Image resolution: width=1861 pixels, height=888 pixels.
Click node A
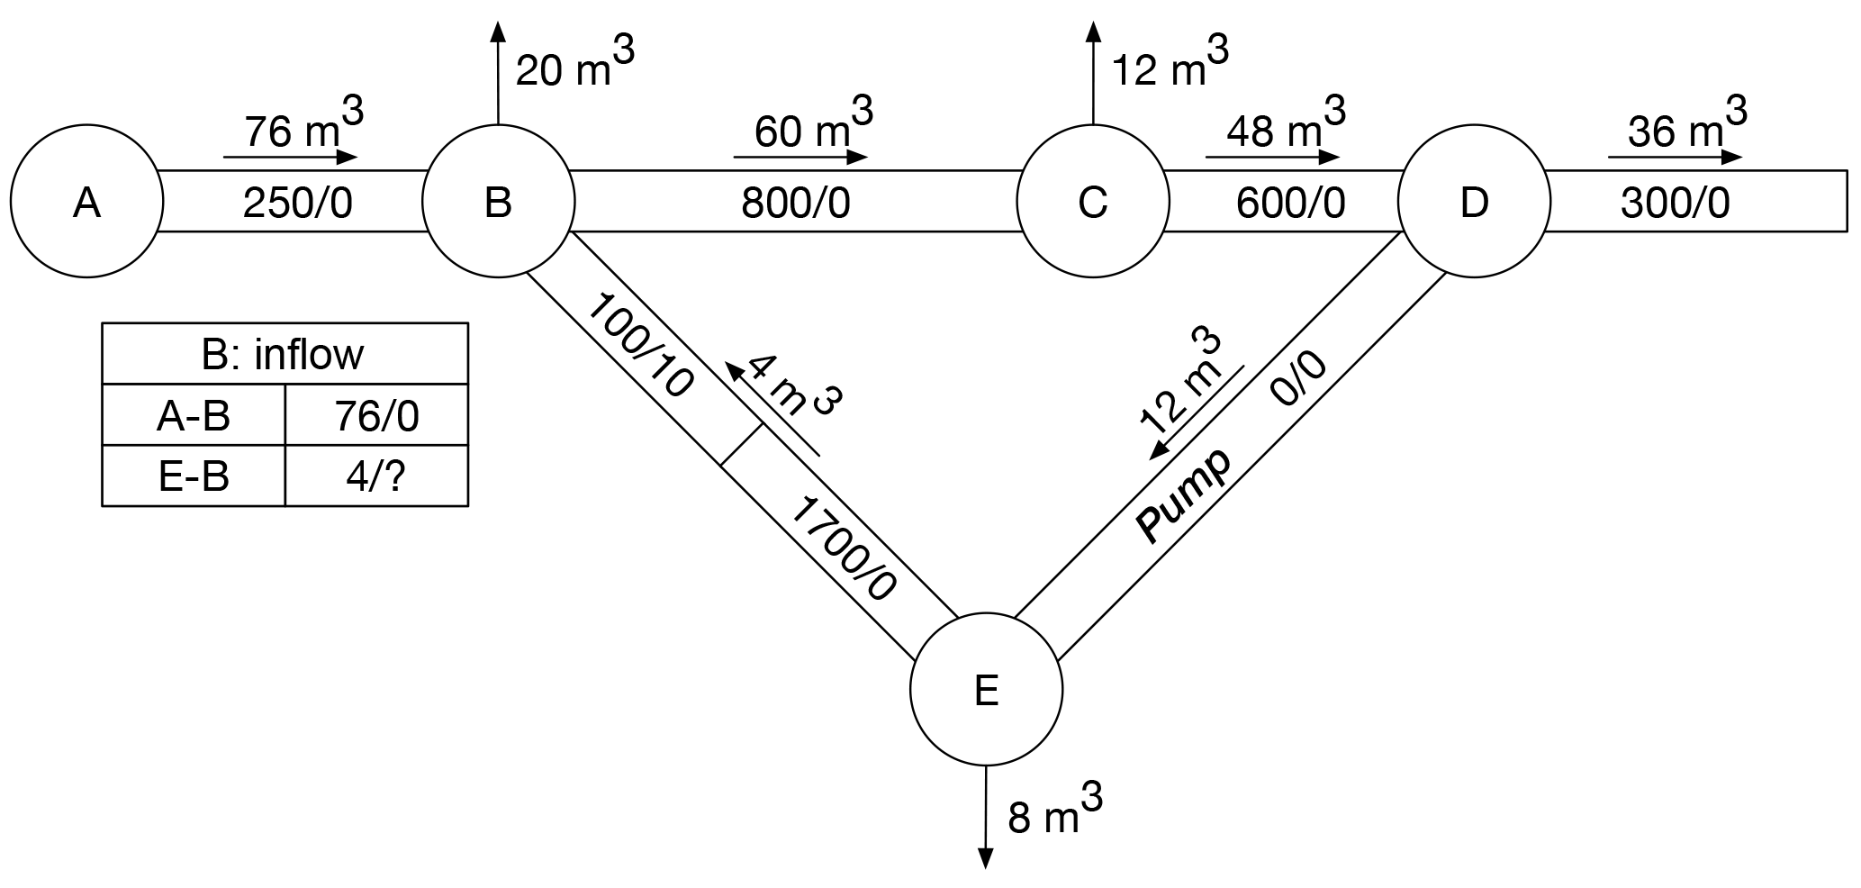coord(86,202)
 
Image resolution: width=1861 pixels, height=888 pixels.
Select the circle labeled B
coord(498,202)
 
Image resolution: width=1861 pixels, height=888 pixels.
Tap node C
coord(1092,202)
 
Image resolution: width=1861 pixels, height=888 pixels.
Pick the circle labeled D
coord(1474,202)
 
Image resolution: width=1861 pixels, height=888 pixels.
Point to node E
coord(986,690)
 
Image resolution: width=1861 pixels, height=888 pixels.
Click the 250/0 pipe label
coord(297,204)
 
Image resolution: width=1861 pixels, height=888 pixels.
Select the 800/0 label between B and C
coord(796,204)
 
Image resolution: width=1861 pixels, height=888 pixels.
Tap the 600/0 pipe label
coord(1290,204)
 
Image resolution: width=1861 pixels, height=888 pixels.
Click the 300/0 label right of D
coord(1675,204)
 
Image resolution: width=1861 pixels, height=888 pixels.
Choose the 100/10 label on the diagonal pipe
coord(640,346)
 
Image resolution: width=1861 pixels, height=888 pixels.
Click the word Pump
coord(1183,496)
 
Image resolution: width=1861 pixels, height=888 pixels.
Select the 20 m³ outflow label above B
coord(574,65)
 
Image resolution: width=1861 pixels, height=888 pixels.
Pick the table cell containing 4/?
coord(376,476)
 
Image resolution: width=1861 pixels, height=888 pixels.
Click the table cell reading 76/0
coord(376,416)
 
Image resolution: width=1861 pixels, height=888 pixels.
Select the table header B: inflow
coord(284,354)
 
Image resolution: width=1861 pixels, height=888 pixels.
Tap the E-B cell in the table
coord(194,476)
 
